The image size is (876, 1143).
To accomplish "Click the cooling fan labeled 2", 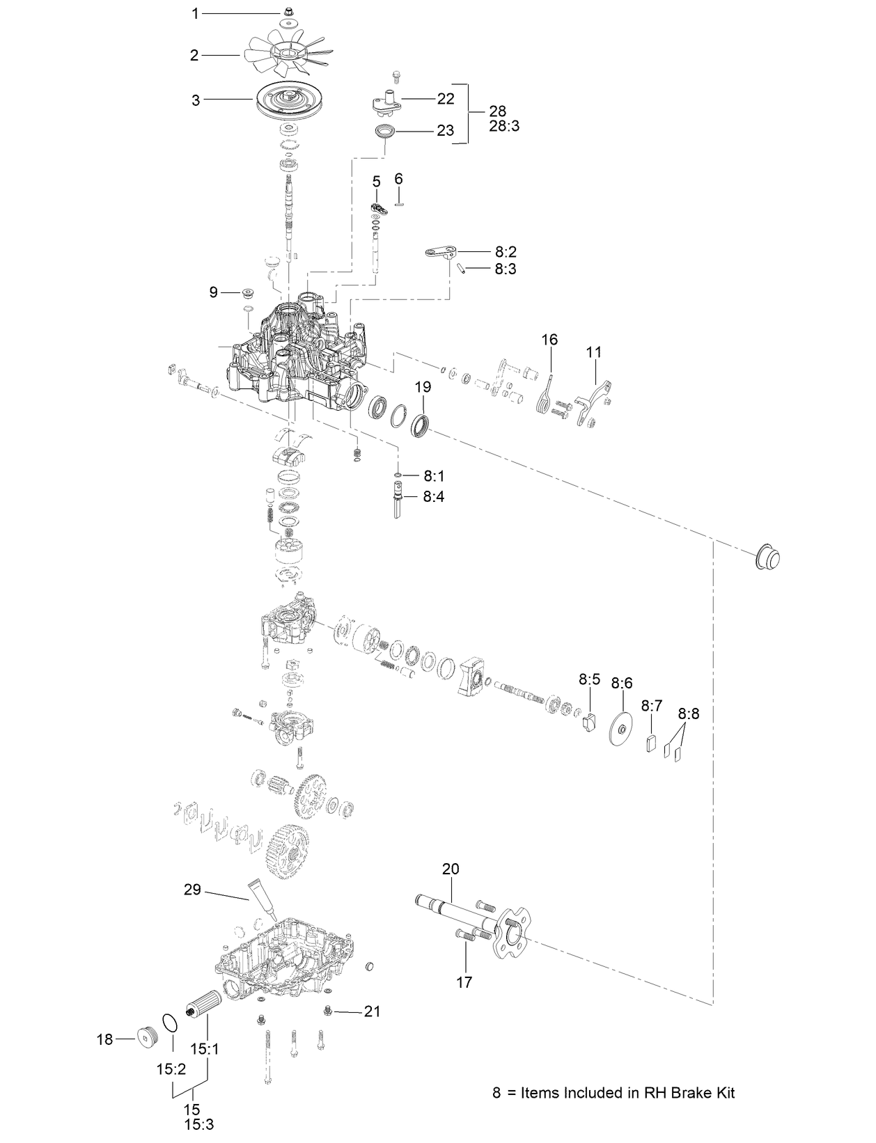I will point(286,54).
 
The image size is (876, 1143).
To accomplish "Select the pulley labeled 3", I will point(286,101).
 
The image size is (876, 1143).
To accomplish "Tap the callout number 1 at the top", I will point(196,13).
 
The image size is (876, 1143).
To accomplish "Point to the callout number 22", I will point(446,99).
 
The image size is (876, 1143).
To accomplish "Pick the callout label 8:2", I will point(506,251).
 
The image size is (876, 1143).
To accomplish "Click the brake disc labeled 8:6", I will point(621,729).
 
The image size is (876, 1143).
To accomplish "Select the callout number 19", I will point(423,387).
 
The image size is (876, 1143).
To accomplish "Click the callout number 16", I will point(549,340).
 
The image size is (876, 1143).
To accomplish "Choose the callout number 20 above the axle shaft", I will point(451,869).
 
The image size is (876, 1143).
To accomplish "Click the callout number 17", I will point(464,982).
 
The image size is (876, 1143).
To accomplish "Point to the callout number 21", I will point(373,1011).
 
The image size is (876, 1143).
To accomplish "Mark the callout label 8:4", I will point(435,496).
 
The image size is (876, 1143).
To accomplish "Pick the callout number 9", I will point(214,292).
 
